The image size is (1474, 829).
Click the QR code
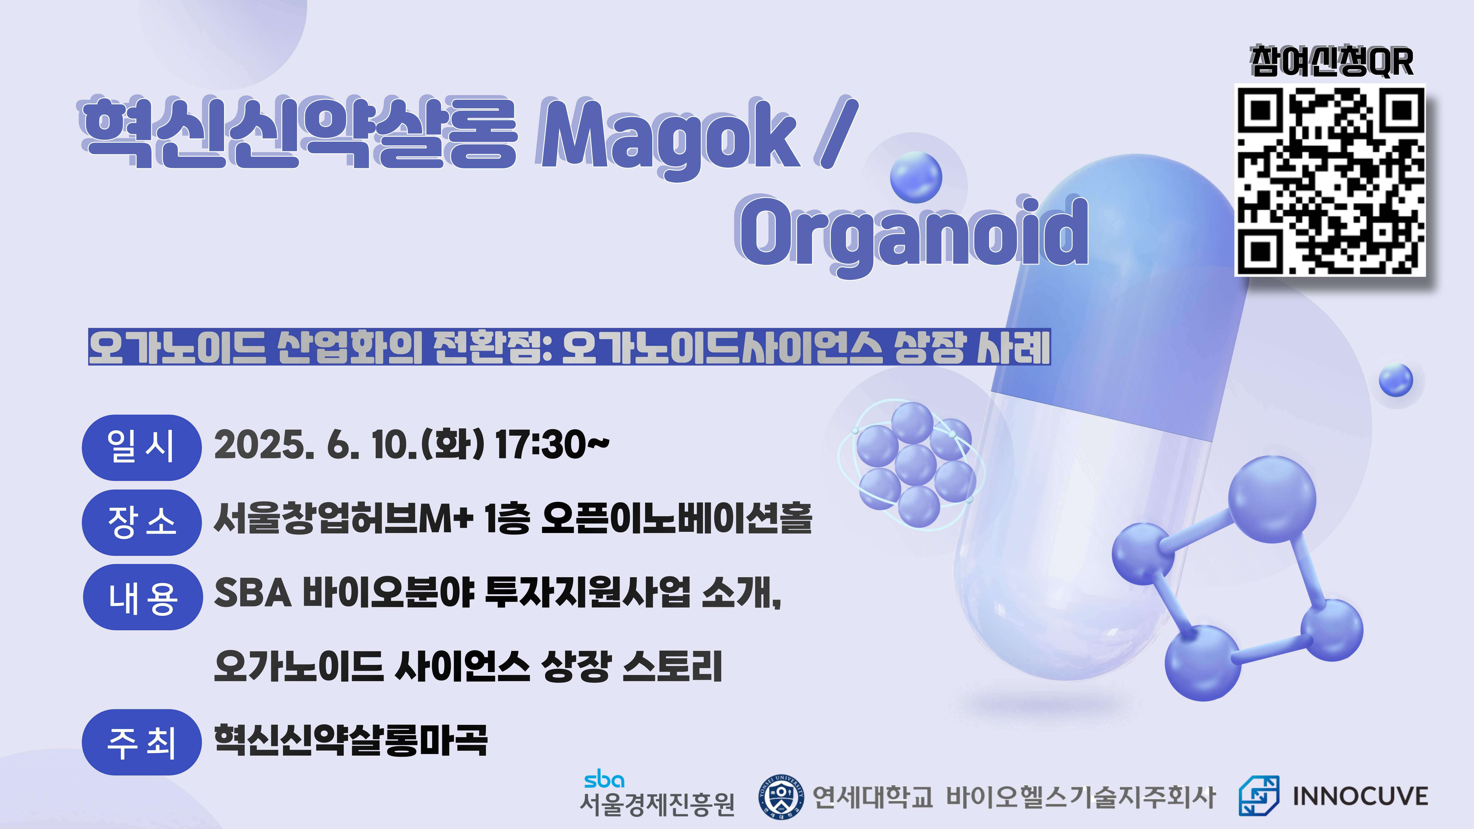click(x=1330, y=181)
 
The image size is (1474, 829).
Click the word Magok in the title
click(x=667, y=137)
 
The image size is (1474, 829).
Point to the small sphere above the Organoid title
click(x=916, y=177)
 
